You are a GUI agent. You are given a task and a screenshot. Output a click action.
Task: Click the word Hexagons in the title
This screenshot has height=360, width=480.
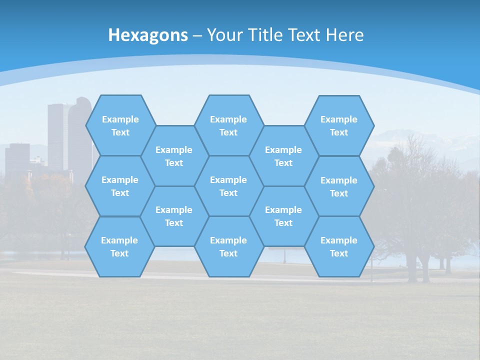148,35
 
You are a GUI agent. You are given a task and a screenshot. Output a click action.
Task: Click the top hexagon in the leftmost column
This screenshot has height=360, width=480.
120,125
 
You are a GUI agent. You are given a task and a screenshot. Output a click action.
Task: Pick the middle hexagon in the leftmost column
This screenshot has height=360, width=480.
120,186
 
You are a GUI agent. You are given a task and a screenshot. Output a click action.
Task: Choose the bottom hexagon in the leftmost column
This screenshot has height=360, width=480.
119,246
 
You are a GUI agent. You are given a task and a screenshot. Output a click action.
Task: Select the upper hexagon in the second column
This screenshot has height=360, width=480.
174,156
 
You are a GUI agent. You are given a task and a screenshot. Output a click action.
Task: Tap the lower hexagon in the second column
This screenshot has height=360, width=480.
174,216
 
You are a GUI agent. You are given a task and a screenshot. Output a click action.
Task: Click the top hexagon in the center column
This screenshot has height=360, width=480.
228,125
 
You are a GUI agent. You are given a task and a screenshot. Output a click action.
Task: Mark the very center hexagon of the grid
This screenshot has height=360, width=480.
228,186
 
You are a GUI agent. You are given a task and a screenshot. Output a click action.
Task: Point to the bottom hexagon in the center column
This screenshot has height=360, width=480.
228,246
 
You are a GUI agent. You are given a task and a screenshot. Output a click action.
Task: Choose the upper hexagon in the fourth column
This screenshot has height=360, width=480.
283,156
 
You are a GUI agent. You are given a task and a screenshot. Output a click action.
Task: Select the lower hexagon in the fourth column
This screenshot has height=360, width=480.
283,216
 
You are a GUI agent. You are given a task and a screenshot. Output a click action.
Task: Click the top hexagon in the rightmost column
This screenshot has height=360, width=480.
339,125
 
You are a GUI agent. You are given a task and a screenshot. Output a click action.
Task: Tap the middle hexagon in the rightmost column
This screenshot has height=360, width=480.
339,186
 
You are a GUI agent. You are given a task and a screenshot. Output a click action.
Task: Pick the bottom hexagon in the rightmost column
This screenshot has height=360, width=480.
339,246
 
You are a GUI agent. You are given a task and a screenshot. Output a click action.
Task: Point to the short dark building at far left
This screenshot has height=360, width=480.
17,157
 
